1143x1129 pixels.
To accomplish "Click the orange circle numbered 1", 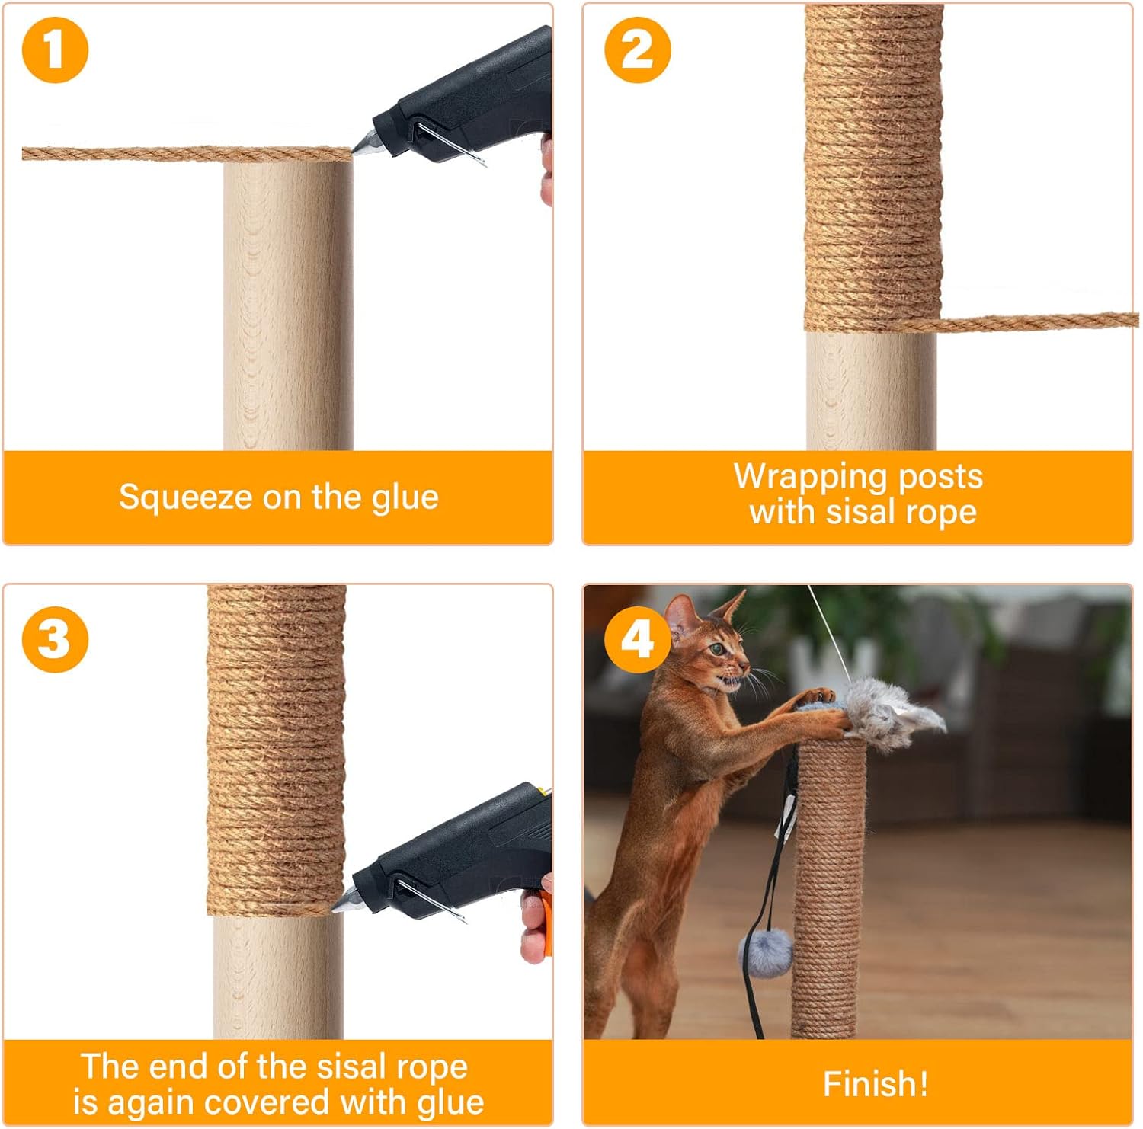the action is click(x=55, y=50).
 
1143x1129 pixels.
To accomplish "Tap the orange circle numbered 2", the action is click(x=638, y=50).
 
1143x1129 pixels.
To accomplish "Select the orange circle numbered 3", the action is click(x=55, y=638).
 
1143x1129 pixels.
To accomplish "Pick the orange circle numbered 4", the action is click(x=638, y=638).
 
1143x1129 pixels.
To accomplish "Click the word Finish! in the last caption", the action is click(x=876, y=1083).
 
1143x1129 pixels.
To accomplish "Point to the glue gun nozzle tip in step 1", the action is click(x=354, y=151).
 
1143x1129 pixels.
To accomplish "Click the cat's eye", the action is click(x=717, y=649).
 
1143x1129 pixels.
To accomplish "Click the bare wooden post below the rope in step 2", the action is click(x=871, y=390).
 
